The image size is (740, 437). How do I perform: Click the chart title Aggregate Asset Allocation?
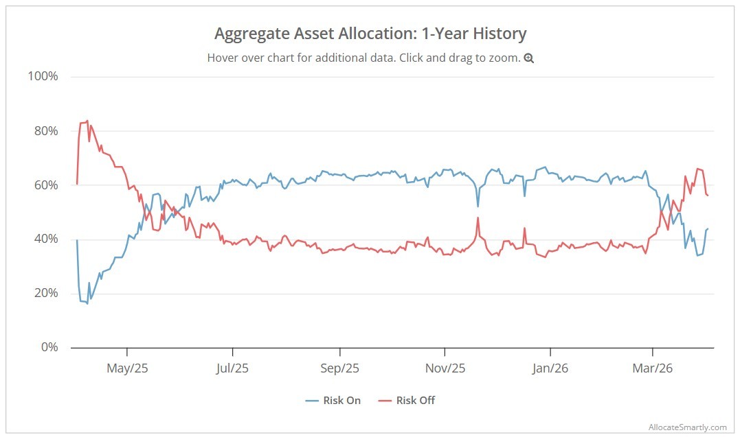(370, 34)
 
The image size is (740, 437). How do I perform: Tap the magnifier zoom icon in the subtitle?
(528, 58)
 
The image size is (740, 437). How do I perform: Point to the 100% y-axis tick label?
(42, 76)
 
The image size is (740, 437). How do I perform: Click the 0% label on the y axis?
(47, 348)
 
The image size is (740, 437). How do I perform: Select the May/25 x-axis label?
(127, 368)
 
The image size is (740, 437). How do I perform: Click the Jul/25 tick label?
(232, 368)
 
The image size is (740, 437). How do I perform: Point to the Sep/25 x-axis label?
(339, 368)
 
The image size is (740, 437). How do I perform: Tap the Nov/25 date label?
(445, 368)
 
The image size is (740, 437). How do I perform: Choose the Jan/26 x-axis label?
(550, 368)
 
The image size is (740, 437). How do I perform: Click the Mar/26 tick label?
(652, 368)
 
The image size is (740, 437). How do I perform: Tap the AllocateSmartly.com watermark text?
(687, 427)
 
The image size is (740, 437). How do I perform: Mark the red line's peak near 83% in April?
(87, 121)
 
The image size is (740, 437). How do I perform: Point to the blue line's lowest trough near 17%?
(87, 303)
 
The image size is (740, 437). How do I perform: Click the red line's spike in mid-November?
(478, 217)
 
